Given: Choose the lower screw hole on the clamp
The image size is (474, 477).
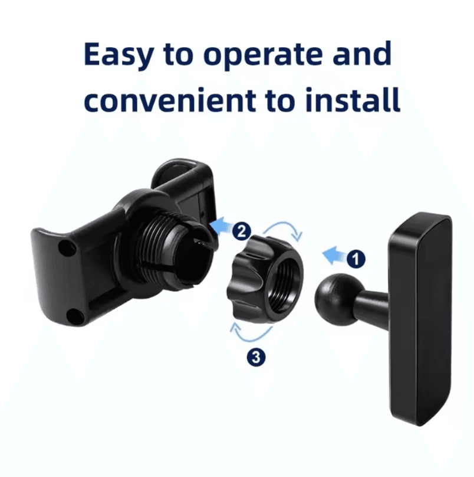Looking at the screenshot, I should point(73,318).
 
